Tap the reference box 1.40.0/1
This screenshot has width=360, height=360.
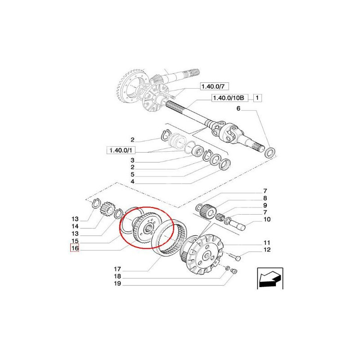coord(119,150)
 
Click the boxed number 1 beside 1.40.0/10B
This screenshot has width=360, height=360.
coord(257,98)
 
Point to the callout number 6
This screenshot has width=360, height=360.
coord(238,109)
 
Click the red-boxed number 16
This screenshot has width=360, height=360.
coord(74,248)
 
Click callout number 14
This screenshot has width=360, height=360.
coord(75,226)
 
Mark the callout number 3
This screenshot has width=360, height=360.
coord(132,160)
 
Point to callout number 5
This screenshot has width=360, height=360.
coord(132,174)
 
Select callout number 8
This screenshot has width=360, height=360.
coord(265,198)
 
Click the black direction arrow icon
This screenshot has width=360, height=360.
coord(270,278)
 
